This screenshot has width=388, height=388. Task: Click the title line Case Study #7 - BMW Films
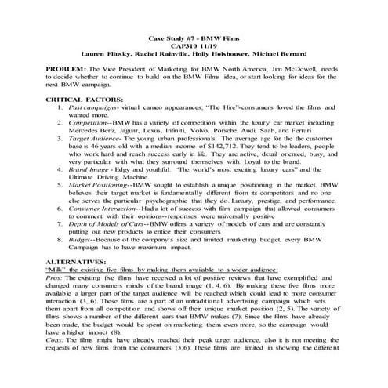click(x=193, y=38)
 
